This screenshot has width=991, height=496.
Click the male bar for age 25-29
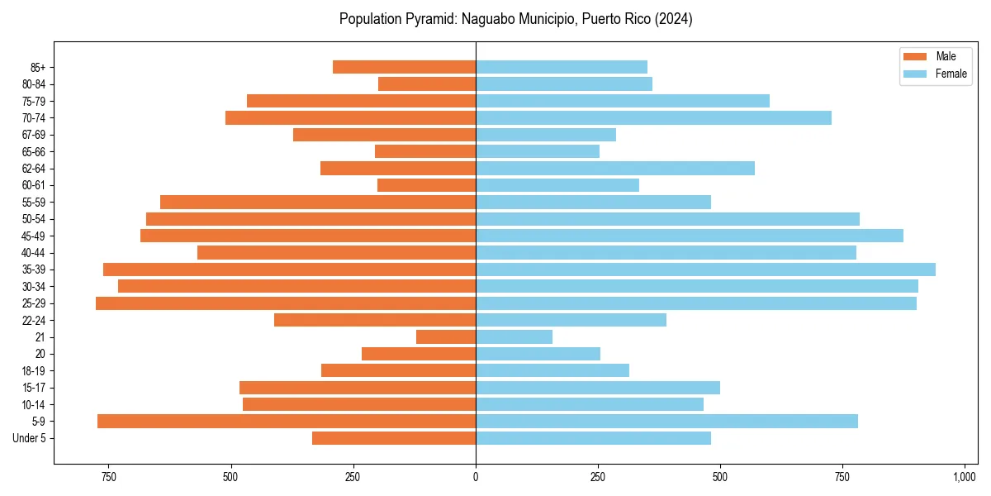point(286,303)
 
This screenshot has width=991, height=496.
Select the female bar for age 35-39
point(705,269)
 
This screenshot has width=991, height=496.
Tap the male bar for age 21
point(446,337)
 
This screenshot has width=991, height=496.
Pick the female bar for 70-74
point(653,118)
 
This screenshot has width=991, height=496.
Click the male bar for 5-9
point(287,422)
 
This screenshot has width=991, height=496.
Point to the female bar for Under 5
point(593,438)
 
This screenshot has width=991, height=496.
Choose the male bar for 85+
point(404,67)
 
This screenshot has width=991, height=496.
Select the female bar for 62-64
point(615,169)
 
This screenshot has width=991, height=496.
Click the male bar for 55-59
point(318,203)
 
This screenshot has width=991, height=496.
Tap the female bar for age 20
point(538,354)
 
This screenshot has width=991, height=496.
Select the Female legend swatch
point(916,74)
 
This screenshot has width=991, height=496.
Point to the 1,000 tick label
point(965,477)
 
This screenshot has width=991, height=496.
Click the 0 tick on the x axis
point(476,477)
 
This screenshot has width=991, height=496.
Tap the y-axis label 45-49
point(33,236)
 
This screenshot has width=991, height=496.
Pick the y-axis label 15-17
point(33,388)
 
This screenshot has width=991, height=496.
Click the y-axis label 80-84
point(33,84)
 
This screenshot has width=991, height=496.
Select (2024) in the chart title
point(673,19)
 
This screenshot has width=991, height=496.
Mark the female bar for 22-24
point(571,320)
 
